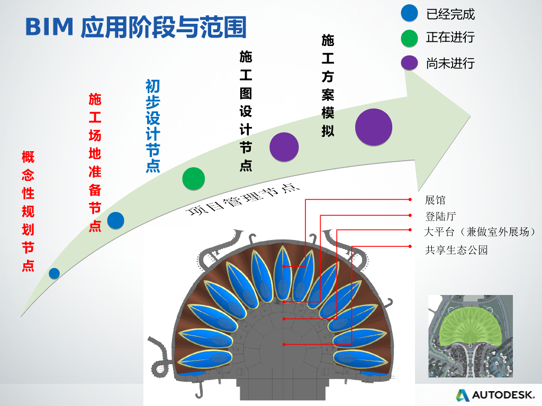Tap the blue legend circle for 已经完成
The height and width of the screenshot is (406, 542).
point(410,13)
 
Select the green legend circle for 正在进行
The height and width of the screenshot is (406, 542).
point(410,38)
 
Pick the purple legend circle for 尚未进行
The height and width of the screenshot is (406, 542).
point(410,63)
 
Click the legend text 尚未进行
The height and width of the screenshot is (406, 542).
point(450,63)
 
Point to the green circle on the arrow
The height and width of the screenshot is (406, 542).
point(193,178)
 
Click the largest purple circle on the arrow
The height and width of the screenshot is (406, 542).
point(374,127)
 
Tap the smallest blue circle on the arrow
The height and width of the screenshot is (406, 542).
point(54,273)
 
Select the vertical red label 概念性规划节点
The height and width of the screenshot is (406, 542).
point(28,211)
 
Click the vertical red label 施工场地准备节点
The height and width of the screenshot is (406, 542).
point(95,162)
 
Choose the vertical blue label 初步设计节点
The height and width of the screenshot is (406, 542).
point(152,126)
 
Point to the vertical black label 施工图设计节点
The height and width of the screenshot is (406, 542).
point(246,111)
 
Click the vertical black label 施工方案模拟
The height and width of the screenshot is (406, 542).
point(328,86)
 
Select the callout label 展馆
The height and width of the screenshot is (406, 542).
point(435,200)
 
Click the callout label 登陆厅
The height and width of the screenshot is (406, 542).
point(440,216)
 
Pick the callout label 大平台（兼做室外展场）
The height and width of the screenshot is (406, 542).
point(481,232)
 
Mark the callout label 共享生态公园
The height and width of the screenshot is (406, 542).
point(456,250)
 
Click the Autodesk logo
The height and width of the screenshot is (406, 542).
point(496,394)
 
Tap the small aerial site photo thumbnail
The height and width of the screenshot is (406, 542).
point(470,336)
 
